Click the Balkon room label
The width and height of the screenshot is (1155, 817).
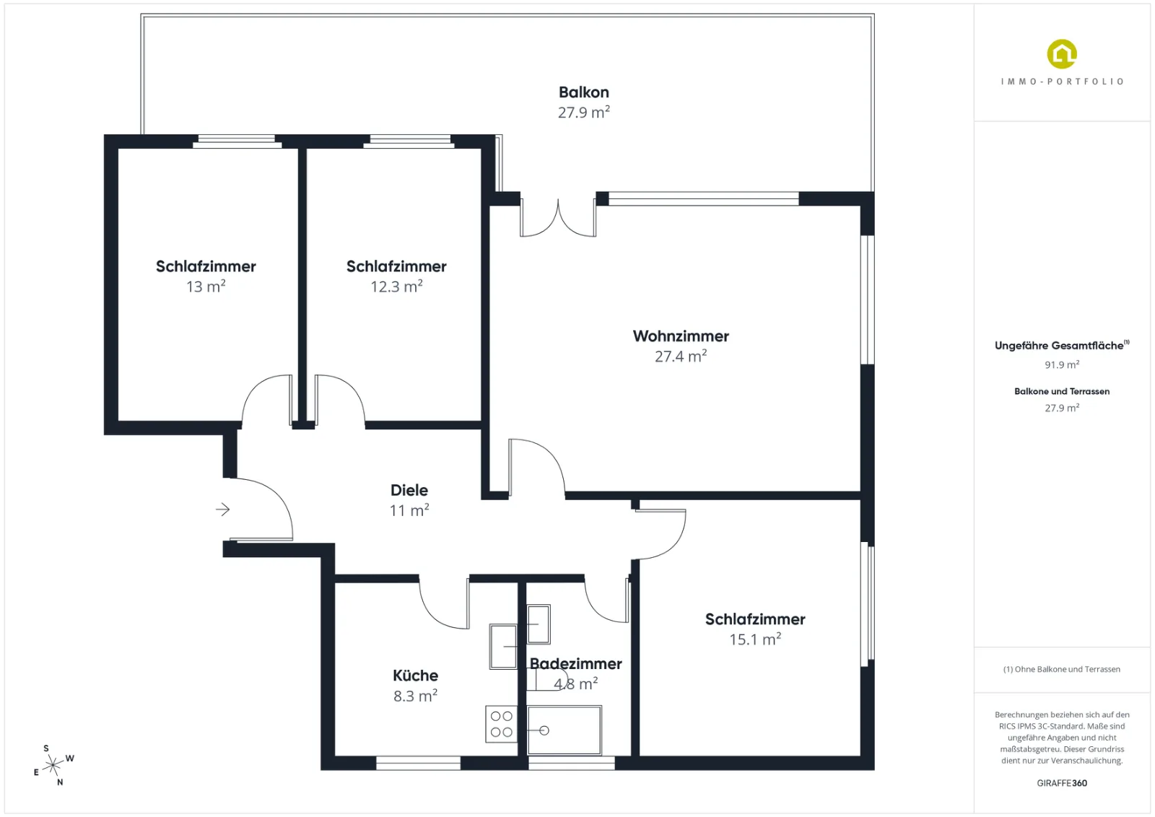tap(584, 92)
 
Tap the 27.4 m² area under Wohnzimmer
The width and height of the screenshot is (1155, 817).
tap(681, 356)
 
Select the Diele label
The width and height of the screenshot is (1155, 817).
tap(409, 489)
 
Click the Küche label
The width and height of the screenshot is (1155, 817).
tap(415, 676)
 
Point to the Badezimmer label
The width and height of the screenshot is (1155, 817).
tap(575, 663)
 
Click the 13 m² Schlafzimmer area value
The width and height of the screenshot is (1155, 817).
tap(206, 286)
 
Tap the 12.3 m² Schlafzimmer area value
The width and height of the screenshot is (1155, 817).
tap(396, 286)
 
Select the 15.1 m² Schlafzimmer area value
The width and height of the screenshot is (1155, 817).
tap(755, 639)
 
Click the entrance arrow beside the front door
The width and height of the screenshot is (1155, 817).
tap(223, 510)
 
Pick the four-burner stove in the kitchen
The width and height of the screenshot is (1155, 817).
tap(501, 724)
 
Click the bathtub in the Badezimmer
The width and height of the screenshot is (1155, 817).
tap(564, 730)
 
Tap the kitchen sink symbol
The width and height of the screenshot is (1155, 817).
tap(503, 647)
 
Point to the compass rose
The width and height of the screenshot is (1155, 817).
tap(53, 766)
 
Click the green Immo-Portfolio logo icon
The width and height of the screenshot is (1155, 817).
tap(1062, 54)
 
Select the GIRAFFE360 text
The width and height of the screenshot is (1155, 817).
tap(1062, 783)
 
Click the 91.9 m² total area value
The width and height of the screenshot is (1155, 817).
tap(1062, 364)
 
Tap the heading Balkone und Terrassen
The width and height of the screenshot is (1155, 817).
tap(1062, 391)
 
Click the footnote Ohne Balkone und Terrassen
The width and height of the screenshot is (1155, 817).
tap(1062, 669)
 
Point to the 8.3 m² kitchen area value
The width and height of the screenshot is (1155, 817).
tap(415, 696)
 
